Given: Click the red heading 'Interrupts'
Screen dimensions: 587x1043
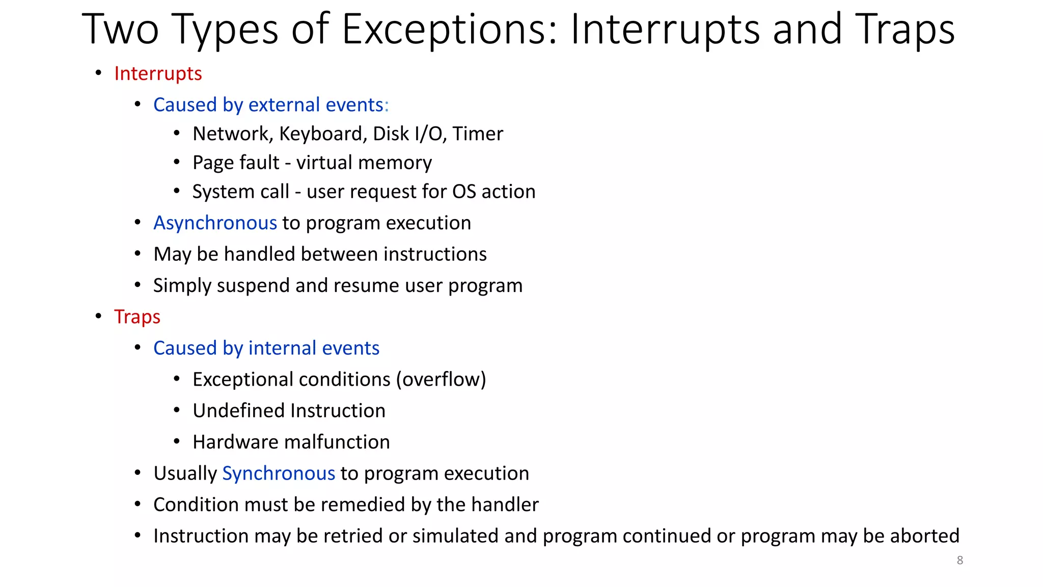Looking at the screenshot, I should [x=158, y=73].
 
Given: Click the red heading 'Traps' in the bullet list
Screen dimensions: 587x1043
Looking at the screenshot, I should [x=137, y=317].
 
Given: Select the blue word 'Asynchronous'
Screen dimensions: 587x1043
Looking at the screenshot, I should [x=215, y=223].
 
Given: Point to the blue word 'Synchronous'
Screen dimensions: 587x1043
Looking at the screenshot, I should [x=279, y=473].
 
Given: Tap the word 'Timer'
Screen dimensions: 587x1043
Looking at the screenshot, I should [x=478, y=134].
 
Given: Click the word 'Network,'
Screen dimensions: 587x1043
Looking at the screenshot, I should [x=233, y=134].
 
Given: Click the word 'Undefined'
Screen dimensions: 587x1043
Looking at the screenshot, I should [x=239, y=411].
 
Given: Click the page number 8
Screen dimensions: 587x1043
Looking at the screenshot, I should [x=959, y=561].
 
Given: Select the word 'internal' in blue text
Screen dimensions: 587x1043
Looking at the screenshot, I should [x=282, y=349].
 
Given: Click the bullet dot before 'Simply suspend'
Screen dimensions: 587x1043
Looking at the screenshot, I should [x=138, y=285].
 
